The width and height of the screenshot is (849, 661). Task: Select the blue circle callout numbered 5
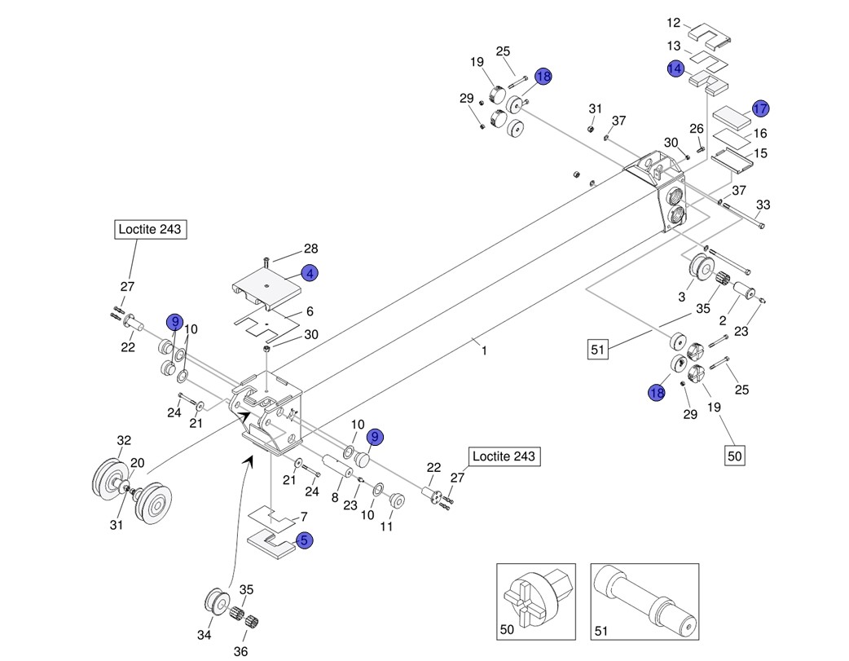coord(304,540)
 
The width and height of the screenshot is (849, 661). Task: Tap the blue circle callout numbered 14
coord(675,68)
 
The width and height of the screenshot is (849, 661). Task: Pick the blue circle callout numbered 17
coord(760,108)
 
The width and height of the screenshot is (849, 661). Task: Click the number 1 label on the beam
coord(484,351)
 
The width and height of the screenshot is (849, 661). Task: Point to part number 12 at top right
coord(673,23)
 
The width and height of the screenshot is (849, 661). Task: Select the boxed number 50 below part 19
coord(735,456)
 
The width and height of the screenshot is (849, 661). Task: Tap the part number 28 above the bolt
coord(310,249)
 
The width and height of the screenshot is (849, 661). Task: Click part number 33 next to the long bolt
coord(763,204)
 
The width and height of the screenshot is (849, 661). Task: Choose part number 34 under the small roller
coord(205,635)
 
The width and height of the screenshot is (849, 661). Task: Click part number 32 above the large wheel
coord(123,441)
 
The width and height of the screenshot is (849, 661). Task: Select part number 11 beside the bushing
coord(386,527)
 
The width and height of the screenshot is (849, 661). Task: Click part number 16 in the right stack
coord(760,133)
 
